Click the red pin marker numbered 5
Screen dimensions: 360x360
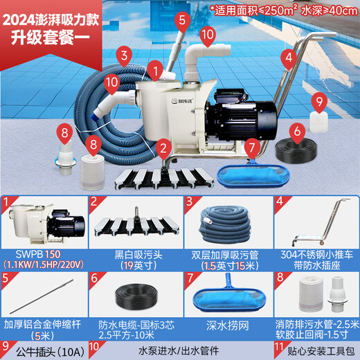[181, 19]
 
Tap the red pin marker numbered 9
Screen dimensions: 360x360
[318, 102]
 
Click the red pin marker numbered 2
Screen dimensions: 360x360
[163, 147]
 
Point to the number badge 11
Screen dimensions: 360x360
[277, 348]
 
